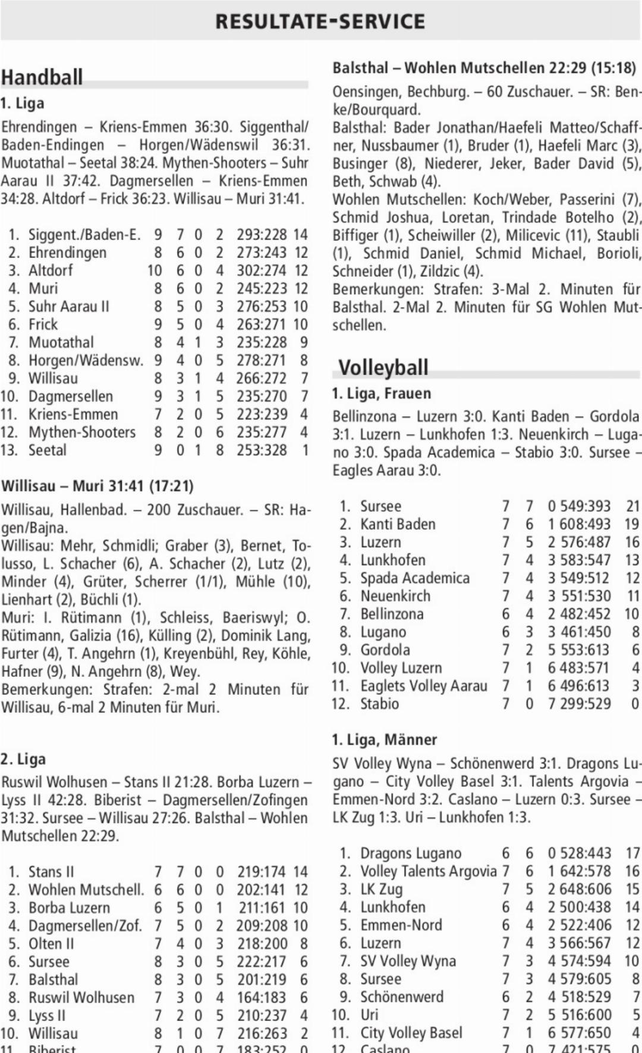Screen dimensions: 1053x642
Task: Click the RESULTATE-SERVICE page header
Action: (320, 21)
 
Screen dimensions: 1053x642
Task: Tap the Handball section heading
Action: (42, 77)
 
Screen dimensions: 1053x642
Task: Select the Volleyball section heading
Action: (383, 367)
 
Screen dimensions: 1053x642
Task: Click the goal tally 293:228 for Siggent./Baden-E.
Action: (262, 235)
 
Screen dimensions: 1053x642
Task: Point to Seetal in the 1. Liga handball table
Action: (48, 450)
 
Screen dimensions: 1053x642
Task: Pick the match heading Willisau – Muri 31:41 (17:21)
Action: (97, 486)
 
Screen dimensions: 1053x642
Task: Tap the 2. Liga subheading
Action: (23, 759)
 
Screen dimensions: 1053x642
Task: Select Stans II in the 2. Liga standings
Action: (51, 872)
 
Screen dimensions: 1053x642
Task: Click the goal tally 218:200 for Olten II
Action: (262, 944)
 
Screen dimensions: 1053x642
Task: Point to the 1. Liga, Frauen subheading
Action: (382, 393)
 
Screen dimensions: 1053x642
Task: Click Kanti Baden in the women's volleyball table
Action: (398, 524)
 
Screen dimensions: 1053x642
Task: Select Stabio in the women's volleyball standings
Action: (379, 704)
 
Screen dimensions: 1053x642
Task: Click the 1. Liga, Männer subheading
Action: (384, 740)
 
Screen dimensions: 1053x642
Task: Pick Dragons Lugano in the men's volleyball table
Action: (411, 853)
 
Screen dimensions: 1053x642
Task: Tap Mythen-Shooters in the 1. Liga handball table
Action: (82, 432)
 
